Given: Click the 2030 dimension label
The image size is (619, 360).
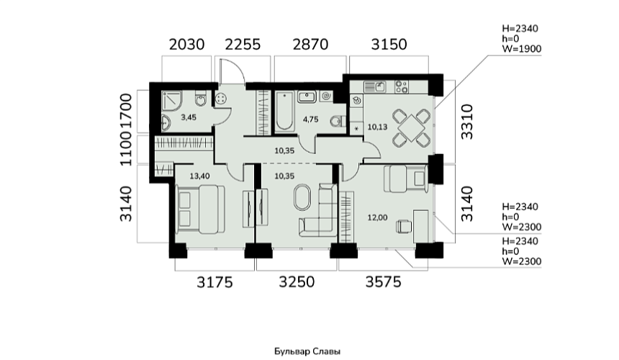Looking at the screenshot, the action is (x=186, y=44).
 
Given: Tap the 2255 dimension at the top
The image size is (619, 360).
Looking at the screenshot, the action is (x=243, y=44).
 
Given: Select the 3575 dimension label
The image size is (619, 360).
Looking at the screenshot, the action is (x=384, y=282).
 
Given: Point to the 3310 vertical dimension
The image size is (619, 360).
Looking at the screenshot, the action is (x=467, y=122).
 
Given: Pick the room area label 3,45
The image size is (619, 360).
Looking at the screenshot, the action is (x=189, y=117).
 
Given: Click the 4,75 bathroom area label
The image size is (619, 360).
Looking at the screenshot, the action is (x=311, y=120).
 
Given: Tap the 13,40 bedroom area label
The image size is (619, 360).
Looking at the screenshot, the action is (x=200, y=176).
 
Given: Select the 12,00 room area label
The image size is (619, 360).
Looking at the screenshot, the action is (x=377, y=217).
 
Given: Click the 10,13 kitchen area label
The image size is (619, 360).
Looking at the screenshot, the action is (x=378, y=127).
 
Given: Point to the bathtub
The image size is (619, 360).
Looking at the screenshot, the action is (x=284, y=112).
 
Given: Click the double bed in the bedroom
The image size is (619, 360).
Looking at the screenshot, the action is (x=201, y=210).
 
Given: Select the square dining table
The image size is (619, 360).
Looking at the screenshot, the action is (x=411, y=127).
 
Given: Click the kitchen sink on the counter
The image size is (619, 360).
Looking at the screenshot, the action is (x=374, y=86).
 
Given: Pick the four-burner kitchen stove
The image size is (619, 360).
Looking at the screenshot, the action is (x=402, y=87).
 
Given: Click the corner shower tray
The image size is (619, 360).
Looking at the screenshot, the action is (x=172, y=101).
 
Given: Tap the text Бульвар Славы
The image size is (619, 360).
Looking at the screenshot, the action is (x=307, y=351).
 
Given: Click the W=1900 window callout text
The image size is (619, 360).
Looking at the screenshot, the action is (x=522, y=49).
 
